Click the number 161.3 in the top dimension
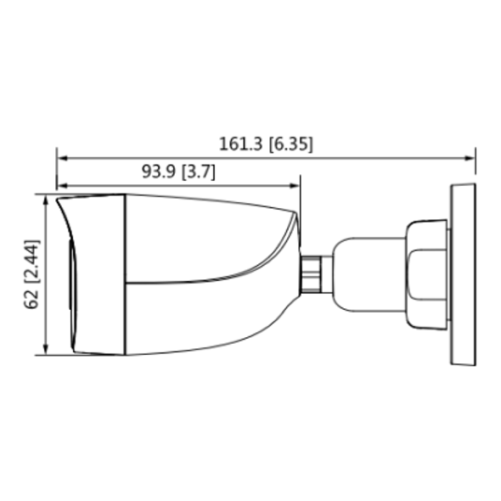coord(241,144)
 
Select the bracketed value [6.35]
coord(290,144)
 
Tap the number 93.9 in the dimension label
coord(158,172)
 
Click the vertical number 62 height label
coord(32,299)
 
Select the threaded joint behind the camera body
coord(315,273)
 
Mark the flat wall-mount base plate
coord(462,274)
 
